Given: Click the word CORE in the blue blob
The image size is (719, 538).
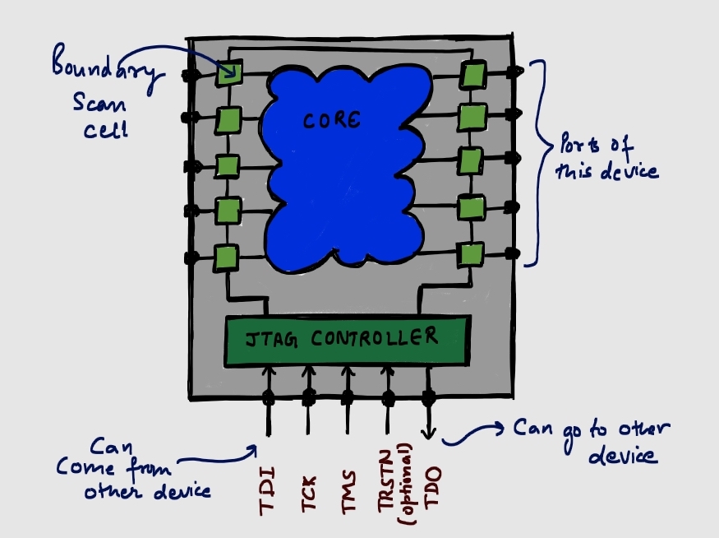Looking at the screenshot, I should pyautogui.click(x=331, y=121).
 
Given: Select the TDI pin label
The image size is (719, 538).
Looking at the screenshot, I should pyautogui.click(x=268, y=491).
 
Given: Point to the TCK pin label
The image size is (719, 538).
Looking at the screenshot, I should pyautogui.click(x=309, y=491).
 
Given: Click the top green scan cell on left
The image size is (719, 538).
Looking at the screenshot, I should pyautogui.click(x=228, y=75).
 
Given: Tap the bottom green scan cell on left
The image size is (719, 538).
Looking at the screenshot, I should pyautogui.click(x=225, y=258).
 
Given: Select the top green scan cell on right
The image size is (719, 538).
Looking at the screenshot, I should pyautogui.click(x=471, y=75).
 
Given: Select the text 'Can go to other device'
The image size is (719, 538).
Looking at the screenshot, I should pyautogui.click(x=592, y=442).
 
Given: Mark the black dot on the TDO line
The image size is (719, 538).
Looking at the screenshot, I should pyautogui.click(x=428, y=398).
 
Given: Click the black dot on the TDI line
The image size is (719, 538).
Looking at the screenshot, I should pyautogui.click(x=268, y=398).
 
